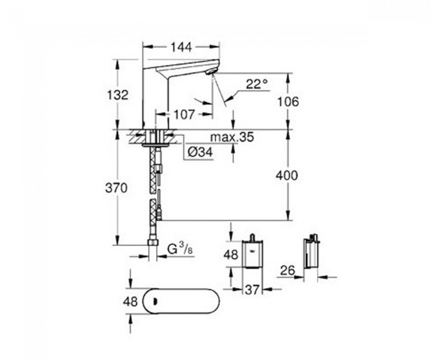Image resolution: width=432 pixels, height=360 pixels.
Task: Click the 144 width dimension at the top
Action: [x=181, y=48]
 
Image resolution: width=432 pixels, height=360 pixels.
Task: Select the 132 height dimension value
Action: [x=117, y=95]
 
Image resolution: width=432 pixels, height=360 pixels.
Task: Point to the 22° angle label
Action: [x=257, y=84]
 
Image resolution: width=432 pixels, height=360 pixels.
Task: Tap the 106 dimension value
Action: [x=287, y=102]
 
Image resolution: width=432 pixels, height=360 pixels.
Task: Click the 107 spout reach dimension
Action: [x=184, y=114]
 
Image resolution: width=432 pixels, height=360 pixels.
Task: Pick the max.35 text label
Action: [x=232, y=137]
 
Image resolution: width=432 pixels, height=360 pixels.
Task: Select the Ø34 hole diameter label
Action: [x=200, y=152]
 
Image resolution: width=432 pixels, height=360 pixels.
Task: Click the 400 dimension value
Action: [x=287, y=176]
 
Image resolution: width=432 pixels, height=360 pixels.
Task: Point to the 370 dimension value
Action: [x=116, y=188]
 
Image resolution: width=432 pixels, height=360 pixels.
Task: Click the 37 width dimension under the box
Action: [x=252, y=290]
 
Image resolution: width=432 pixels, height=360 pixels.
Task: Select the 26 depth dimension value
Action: [x=287, y=270]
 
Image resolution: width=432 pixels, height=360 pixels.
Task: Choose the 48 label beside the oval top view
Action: [x=130, y=302]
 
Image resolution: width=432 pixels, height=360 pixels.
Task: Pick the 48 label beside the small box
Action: [x=230, y=255]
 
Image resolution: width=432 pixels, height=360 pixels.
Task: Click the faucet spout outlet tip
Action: [x=211, y=72]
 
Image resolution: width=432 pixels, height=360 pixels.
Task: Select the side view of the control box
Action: [x=311, y=251]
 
